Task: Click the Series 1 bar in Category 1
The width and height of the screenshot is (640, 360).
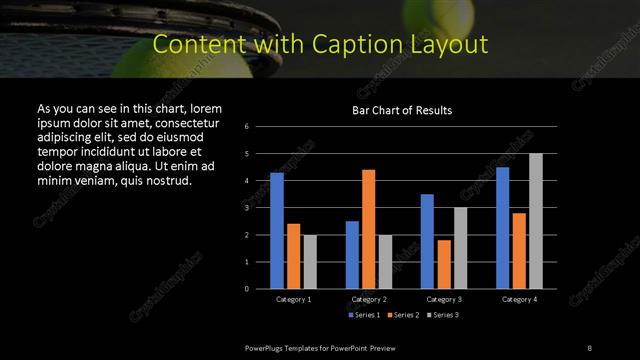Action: (277, 230)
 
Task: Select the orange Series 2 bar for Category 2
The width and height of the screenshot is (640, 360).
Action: (369, 229)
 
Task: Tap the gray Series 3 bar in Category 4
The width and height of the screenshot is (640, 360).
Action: (535, 221)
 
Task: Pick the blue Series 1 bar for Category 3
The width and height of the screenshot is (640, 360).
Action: (427, 241)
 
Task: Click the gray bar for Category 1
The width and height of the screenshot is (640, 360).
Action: (310, 261)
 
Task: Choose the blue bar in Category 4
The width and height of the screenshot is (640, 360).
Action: (502, 227)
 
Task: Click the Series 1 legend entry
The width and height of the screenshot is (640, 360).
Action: (364, 316)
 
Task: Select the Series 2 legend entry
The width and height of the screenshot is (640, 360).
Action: (402, 316)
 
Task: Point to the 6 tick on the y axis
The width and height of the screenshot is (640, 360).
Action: (247, 127)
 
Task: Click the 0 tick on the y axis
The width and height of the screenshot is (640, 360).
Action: (247, 288)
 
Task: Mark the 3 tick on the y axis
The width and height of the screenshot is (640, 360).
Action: (247, 208)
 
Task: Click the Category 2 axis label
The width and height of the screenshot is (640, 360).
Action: (369, 299)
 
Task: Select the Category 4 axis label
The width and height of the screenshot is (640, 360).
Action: (519, 299)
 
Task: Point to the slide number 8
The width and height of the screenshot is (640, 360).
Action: (589, 347)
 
